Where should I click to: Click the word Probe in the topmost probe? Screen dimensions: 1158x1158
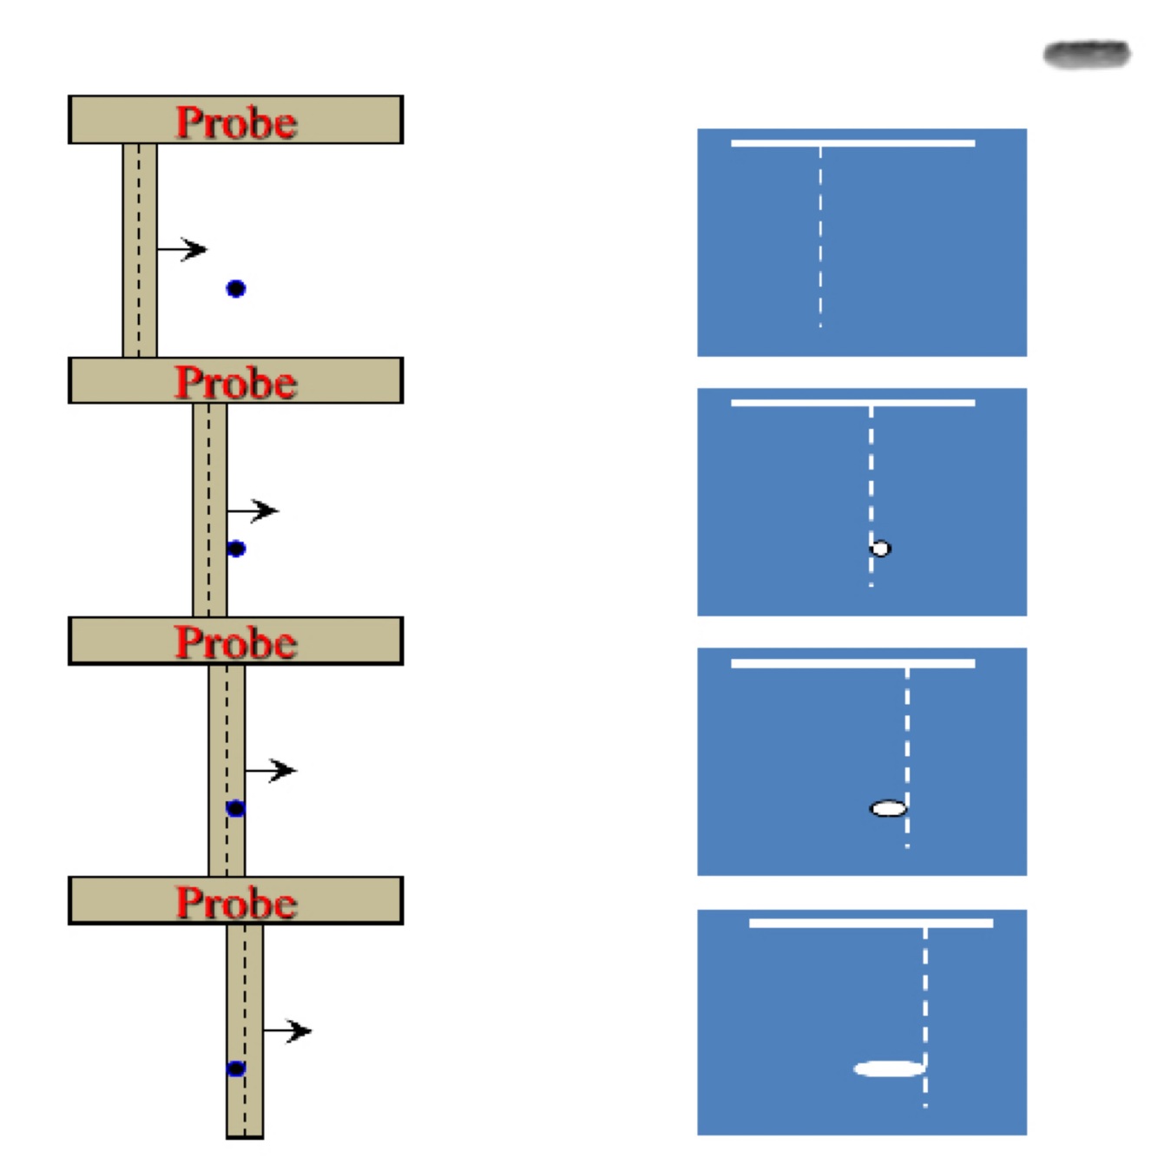point(236,122)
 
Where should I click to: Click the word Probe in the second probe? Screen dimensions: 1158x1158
point(236,382)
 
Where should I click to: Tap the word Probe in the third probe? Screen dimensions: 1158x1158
point(236,642)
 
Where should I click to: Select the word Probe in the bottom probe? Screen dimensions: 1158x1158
point(236,902)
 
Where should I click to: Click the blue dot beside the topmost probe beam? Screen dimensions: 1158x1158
point(235,289)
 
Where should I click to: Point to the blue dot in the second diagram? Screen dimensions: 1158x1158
point(236,549)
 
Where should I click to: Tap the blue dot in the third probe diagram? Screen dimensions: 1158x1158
point(235,808)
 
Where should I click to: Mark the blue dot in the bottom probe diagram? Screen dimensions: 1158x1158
point(236,1069)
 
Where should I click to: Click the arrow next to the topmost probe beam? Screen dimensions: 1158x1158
point(183,250)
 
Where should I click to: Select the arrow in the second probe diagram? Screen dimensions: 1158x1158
point(253,510)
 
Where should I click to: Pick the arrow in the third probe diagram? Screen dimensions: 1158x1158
point(272,770)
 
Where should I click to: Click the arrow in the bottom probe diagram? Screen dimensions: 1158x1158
point(288,1030)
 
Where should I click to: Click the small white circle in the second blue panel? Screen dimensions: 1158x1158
point(881,549)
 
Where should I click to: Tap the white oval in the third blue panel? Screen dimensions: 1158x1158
point(888,809)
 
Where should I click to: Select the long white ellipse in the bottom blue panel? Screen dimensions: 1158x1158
point(889,1069)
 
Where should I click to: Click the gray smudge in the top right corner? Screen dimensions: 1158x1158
point(1087,55)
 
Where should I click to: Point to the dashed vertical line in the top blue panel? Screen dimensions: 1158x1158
point(820,234)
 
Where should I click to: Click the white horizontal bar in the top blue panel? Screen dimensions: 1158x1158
point(852,143)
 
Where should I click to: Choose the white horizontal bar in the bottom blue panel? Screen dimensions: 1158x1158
point(871,923)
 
